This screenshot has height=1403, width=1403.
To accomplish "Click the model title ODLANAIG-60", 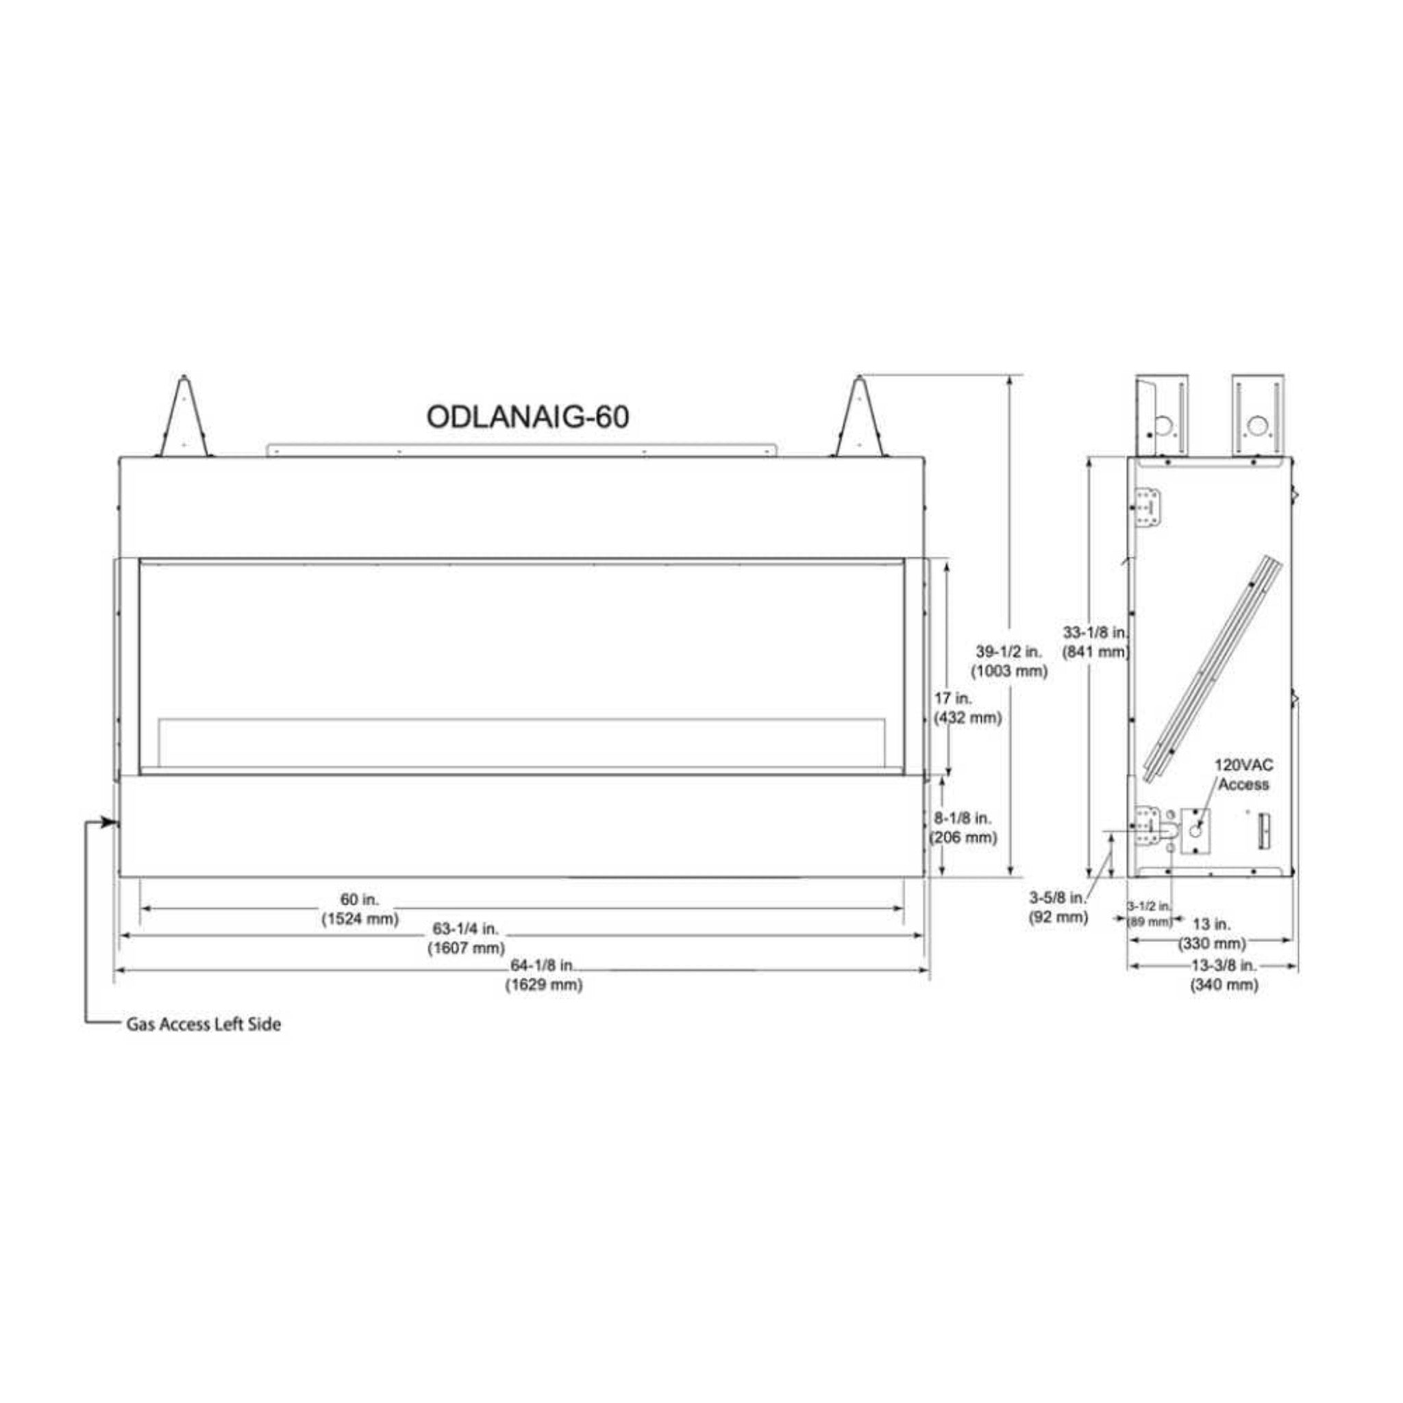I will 527,417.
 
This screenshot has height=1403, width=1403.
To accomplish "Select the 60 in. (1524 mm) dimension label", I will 360,908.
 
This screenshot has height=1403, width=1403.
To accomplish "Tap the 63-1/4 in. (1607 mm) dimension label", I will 465,939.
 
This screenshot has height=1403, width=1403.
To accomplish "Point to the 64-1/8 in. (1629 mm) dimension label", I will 544,975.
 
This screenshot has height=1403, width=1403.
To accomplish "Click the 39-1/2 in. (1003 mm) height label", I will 1008,661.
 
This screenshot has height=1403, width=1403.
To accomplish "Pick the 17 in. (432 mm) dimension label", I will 967,708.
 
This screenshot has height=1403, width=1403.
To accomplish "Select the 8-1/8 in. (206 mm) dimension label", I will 964,827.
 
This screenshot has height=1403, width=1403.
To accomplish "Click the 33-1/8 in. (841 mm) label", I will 1095,642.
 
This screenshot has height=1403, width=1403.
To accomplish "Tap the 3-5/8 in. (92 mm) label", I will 1058,908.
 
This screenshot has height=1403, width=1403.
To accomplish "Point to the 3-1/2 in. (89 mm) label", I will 1149,914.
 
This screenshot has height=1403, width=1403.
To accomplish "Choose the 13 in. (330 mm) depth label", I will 1211,934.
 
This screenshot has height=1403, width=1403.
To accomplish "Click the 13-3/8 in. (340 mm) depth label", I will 1224,975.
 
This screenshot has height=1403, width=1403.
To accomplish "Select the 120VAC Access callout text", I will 1244,774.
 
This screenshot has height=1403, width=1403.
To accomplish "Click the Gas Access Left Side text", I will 203,1025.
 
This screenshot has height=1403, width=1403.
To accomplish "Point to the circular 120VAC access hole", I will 1195,830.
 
